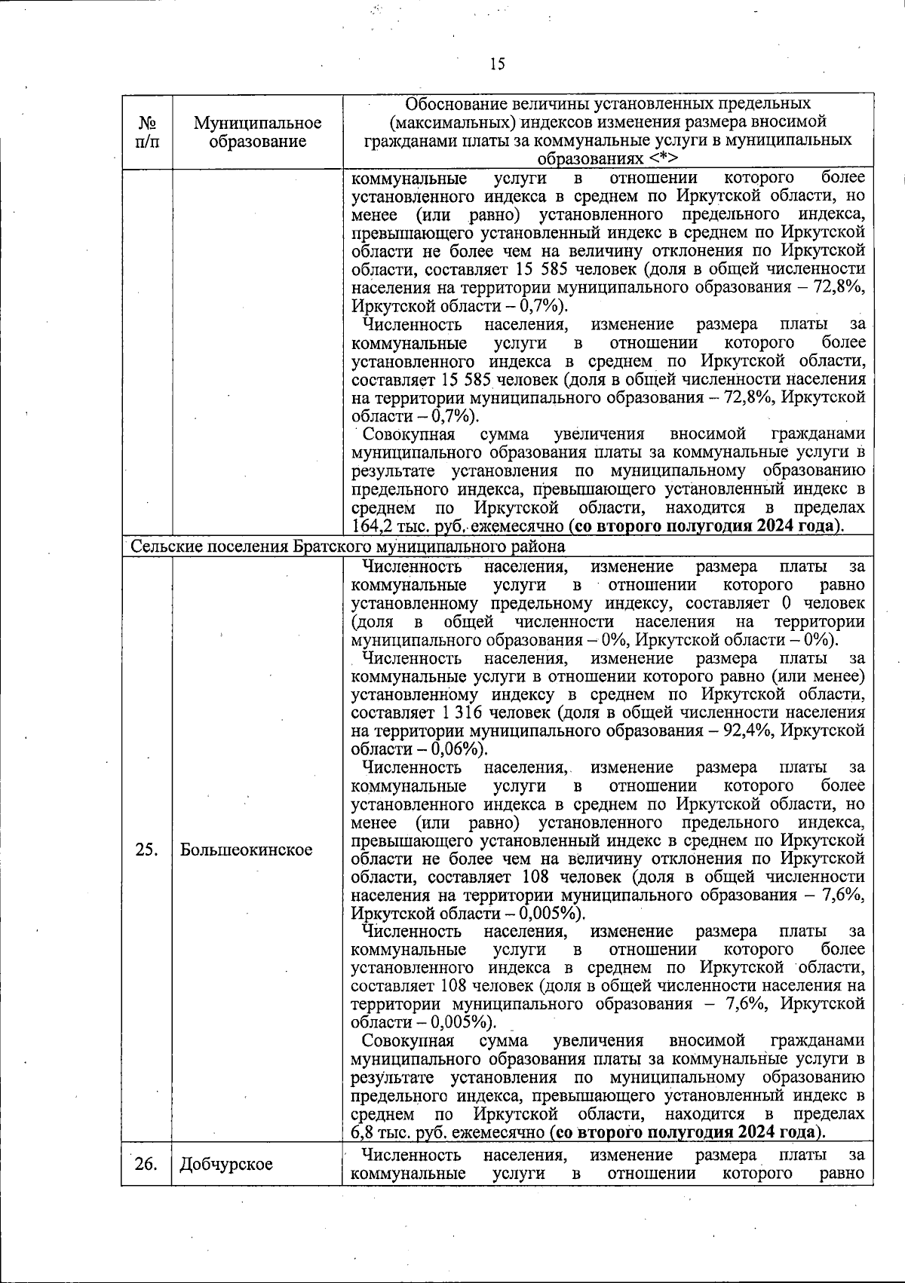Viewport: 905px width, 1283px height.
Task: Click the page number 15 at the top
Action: click(496, 64)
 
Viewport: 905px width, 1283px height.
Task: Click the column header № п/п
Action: click(147, 131)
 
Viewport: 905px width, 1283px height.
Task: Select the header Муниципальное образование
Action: click(257, 131)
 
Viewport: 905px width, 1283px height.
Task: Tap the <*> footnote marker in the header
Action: click(662, 159)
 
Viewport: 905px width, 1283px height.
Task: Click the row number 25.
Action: click(146, 850)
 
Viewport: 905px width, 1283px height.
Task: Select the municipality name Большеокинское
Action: click(246, 850)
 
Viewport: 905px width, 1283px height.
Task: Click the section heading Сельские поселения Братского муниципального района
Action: click(348, 546)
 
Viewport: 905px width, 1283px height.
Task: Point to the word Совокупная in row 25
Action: click(408, 1041)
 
